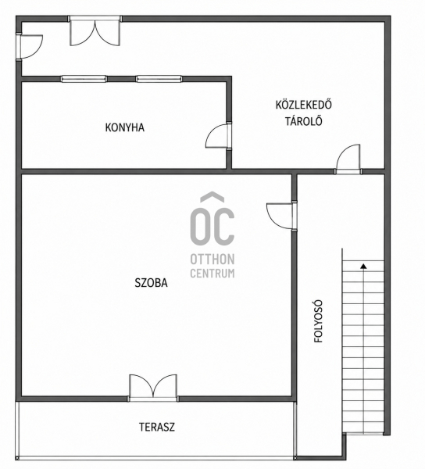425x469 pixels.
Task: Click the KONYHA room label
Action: click(125, 127)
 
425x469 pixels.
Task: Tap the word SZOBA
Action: click(152, 283)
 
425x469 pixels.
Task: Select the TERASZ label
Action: click(157, 427)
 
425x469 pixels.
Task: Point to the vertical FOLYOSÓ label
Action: click(319, 321)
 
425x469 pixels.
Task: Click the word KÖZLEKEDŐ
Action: click(304, 105)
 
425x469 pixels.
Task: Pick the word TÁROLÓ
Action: click(304, 121)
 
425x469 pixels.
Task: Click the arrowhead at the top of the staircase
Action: click(363, 266)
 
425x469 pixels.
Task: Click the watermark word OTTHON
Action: click(212, 260)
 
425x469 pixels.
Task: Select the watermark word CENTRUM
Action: click(212, 274)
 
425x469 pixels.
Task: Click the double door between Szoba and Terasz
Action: click(153, 387)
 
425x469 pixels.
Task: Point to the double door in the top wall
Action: click(95, 31)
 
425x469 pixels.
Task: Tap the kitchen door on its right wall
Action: click(219, 136)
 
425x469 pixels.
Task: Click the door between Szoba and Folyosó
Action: click(281, 216)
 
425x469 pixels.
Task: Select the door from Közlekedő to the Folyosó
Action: click(348, 159)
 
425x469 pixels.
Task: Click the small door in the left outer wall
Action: click(30, 47)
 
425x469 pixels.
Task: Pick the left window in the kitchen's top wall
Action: click(84, 79)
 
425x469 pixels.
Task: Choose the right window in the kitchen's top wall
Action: click(159, 79)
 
